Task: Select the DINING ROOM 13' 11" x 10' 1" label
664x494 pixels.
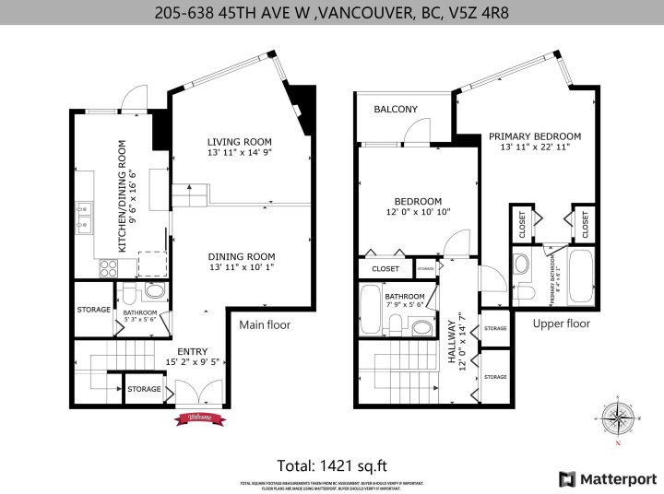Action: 241,262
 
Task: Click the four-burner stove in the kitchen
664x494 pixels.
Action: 108,268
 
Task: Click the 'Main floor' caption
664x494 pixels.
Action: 265,324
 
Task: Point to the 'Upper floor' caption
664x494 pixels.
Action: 561,323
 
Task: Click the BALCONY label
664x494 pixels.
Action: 396,110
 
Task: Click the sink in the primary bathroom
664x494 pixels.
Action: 521,265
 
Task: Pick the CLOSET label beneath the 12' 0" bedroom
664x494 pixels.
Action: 385,269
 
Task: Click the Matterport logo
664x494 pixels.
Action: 605,477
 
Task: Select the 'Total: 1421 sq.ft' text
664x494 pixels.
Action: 332,465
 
